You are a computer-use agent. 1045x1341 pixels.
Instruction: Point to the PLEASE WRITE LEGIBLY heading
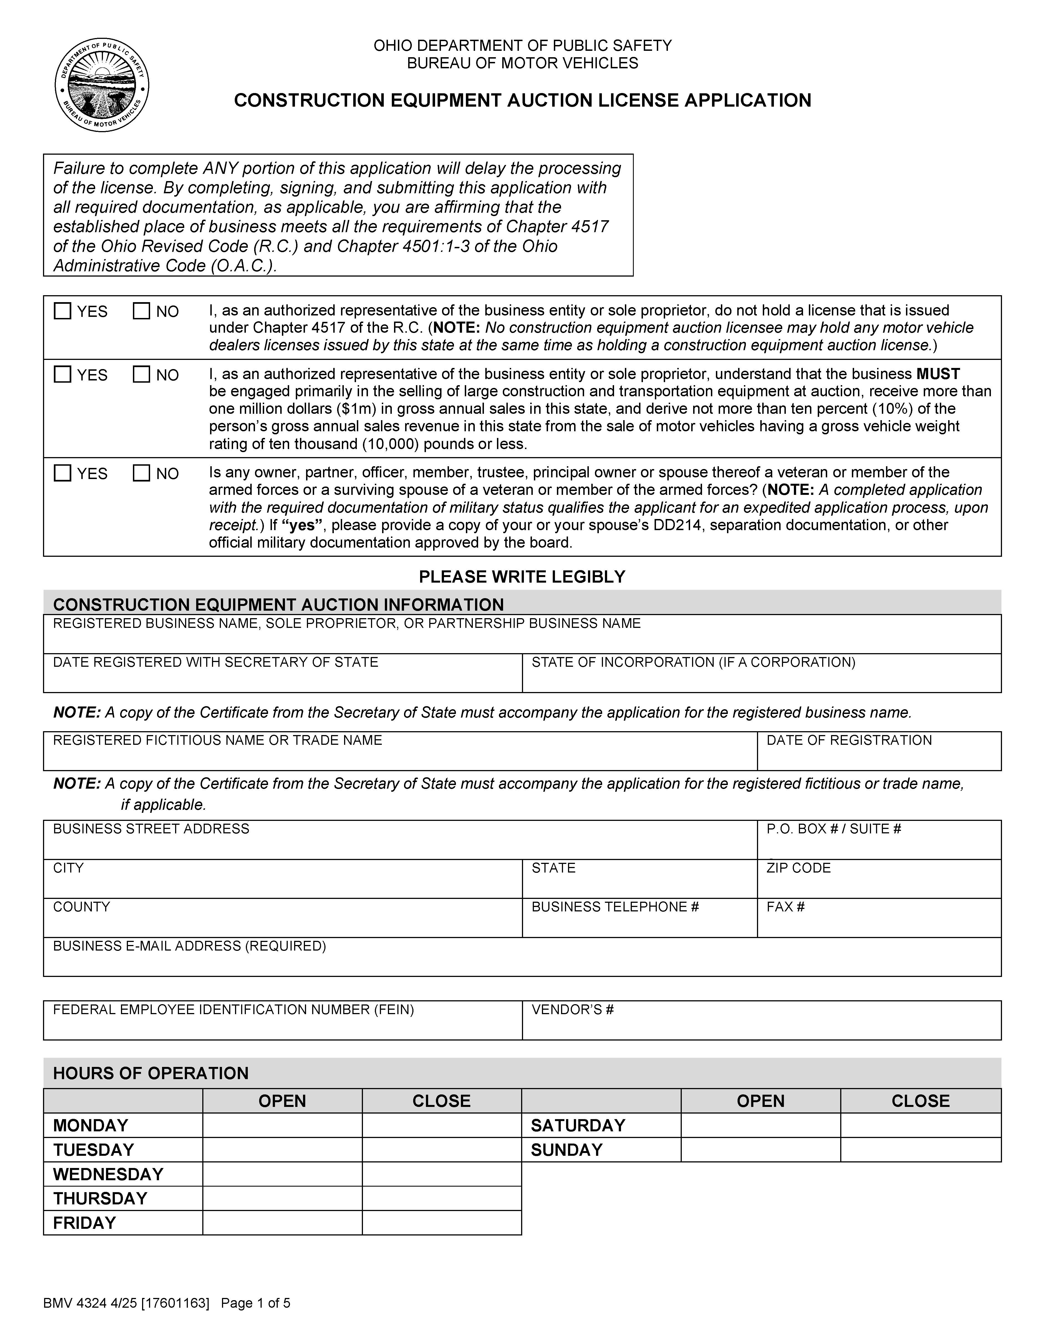pos(522,576)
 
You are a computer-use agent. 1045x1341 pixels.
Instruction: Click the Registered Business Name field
pos(522,640)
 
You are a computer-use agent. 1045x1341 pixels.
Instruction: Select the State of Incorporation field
pos(761,679)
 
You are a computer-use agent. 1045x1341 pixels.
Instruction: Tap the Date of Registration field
pos(879,757)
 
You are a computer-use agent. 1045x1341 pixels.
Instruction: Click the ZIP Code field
pos(879,885)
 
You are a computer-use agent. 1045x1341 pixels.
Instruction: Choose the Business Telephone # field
pos(639,924)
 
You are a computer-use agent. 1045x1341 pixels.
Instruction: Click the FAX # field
pos(879,924)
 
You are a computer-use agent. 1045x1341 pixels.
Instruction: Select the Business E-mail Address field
pos(522,963)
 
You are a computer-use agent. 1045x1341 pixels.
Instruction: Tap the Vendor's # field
pos(761,1027)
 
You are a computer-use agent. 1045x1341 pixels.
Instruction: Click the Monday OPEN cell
pos(282,1126)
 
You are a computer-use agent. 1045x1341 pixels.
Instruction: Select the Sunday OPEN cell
pos(761,1150)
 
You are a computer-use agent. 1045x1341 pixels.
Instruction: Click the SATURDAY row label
pos(578,1126)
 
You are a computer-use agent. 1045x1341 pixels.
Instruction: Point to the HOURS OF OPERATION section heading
pos(151,1073)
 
